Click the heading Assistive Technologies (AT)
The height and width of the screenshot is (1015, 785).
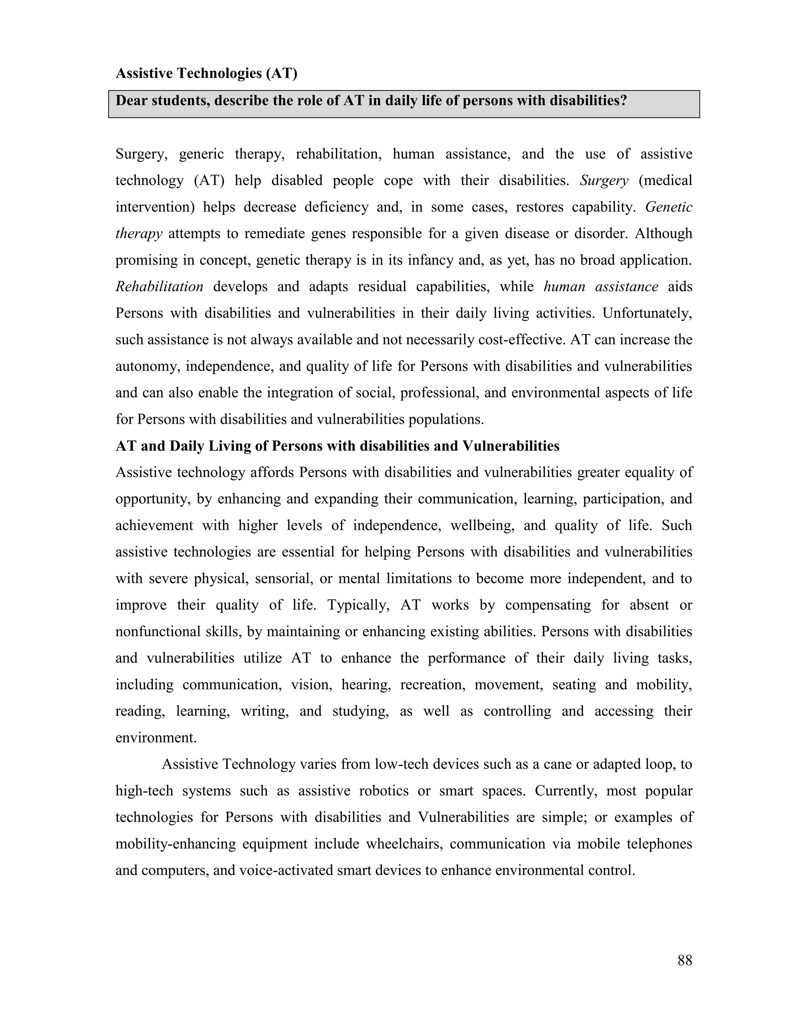(x=206, y=74)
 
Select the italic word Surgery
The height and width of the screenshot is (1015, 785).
(x=604, y=180)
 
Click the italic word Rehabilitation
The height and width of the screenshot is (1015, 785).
(x=159, y=286)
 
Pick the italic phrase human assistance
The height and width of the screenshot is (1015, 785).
(x=600, y=286)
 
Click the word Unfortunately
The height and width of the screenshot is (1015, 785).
(x=647, y=313)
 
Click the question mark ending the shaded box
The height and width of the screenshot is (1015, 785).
(x=624, y=100)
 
